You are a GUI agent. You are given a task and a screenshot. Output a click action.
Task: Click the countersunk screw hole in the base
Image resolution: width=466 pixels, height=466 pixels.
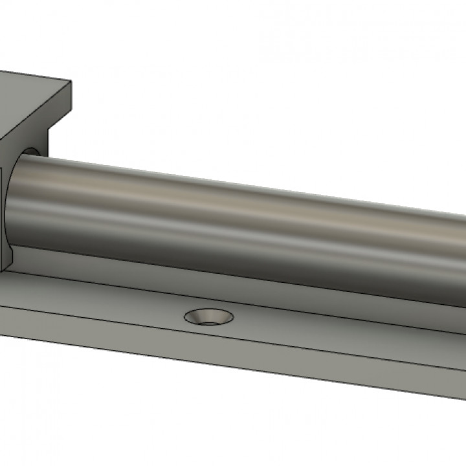[209, 316]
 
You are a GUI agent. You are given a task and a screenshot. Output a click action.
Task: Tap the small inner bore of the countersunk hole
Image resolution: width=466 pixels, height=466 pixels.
[209, 318]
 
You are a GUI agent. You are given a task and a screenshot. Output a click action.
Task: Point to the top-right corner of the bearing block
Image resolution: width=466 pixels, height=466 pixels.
[71, 83]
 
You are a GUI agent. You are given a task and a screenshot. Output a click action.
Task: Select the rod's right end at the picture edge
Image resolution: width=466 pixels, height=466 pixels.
[461, 246]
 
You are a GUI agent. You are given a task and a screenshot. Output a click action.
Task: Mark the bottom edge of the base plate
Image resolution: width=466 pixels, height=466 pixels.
[194, 368]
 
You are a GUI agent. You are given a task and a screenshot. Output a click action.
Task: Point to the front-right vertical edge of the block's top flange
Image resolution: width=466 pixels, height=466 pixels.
[70, 97]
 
